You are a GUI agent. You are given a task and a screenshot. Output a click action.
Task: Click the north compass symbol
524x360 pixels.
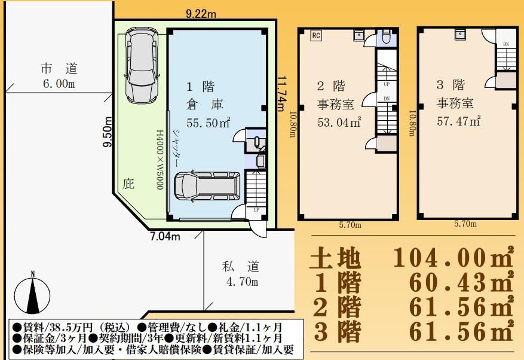coord(32,295)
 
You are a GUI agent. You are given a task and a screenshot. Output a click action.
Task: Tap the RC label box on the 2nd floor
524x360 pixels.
coord(316,35)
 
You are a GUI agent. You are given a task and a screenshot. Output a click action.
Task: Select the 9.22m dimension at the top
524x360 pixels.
coord(201,14)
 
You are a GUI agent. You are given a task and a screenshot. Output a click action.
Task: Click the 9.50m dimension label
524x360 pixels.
coord(108,132)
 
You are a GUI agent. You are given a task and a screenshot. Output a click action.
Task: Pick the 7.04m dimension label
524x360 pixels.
coord(165,237)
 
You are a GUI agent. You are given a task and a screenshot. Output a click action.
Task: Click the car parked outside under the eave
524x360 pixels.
coord(142,65)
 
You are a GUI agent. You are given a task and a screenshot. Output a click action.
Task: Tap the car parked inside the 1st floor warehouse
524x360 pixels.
coord(207,187)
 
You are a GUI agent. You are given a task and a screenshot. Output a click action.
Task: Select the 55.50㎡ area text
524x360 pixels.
coord(208,123)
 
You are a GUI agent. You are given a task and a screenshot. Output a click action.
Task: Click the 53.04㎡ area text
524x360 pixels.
coord(339,122)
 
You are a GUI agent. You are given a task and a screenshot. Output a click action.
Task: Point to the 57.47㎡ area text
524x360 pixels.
coord(458,121)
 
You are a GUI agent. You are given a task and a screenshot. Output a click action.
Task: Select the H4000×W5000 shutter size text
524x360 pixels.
coord(160,160)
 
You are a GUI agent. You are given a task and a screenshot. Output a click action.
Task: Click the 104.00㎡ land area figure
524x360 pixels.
coord(453,257)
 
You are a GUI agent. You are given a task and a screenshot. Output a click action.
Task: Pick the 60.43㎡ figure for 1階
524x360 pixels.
coord(461,282)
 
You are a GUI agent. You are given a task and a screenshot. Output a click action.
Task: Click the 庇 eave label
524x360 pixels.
coord(128,184)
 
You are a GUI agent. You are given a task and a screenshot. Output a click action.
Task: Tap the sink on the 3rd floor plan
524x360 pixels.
coord(461,34)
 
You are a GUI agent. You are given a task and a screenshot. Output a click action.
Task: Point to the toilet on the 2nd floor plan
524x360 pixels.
coord(386,38)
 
